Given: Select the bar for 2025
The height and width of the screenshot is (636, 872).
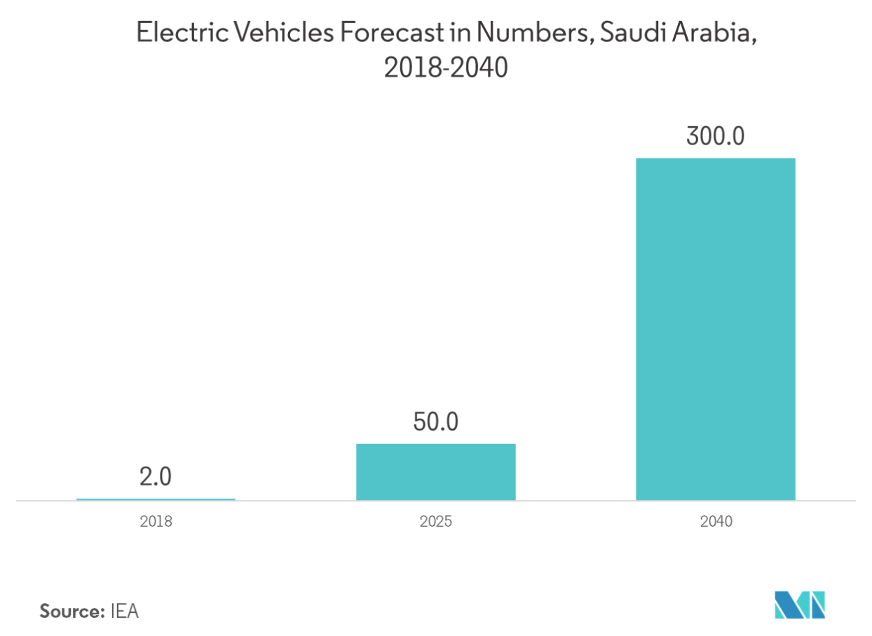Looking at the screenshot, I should (435, 471).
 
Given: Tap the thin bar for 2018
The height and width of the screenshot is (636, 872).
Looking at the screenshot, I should (156, 499).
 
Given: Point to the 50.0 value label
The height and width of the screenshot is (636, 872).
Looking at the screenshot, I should (435, 422).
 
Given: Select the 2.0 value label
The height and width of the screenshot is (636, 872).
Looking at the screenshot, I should (156, 478).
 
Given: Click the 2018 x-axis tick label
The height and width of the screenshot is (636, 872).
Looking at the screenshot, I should (156, 522).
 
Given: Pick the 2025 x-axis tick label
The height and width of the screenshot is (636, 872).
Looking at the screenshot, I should (435, 522).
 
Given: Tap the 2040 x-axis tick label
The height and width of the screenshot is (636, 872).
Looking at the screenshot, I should (715, 522).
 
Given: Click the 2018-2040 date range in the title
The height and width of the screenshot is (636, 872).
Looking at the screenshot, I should (435, 69).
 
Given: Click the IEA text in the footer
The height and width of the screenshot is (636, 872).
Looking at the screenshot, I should (125, 611).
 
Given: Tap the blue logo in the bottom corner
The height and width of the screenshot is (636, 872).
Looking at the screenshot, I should (800, 604).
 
